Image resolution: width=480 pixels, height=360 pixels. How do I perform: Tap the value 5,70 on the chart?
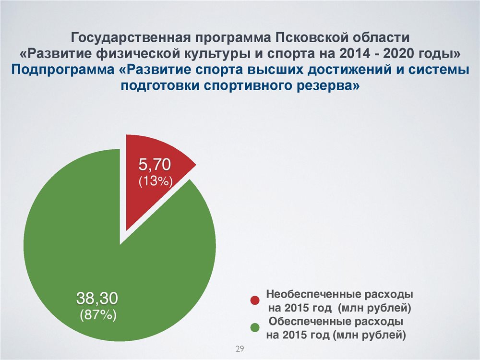[155, 164]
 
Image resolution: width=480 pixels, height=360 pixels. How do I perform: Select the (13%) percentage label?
[156, 181]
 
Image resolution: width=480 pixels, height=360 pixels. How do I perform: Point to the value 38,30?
[97, 298]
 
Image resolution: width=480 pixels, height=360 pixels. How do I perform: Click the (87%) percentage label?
[98, 315]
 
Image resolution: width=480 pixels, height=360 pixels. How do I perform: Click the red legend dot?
[255, 300]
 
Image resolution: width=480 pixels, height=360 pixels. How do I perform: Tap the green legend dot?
[255, 327]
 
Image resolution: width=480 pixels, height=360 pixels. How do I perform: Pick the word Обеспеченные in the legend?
[310, 322]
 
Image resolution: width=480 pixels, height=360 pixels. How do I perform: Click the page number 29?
[240, 348]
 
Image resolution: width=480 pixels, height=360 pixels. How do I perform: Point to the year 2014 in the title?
[354, 54]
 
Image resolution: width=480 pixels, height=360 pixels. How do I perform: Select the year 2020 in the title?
[398, 54]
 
